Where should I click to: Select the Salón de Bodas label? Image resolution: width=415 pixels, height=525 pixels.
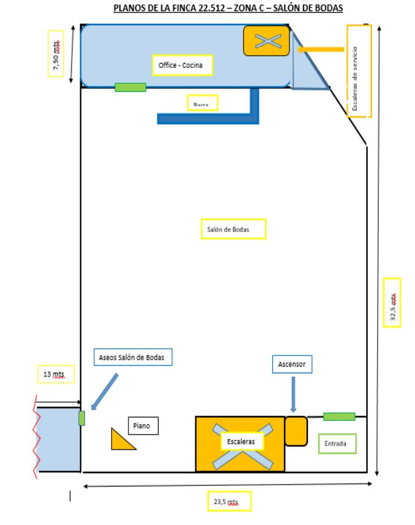(x=233, y=229)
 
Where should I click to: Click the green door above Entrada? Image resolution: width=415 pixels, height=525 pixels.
(x=338, y=417)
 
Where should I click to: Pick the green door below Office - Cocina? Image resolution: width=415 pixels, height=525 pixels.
(x=130, y=87)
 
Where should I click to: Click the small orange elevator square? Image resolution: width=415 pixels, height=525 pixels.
(x=295, y=431)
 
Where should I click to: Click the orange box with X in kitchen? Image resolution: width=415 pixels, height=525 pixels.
(x=266, y=41)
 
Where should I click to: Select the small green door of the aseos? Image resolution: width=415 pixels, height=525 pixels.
(x=81, y=419)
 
